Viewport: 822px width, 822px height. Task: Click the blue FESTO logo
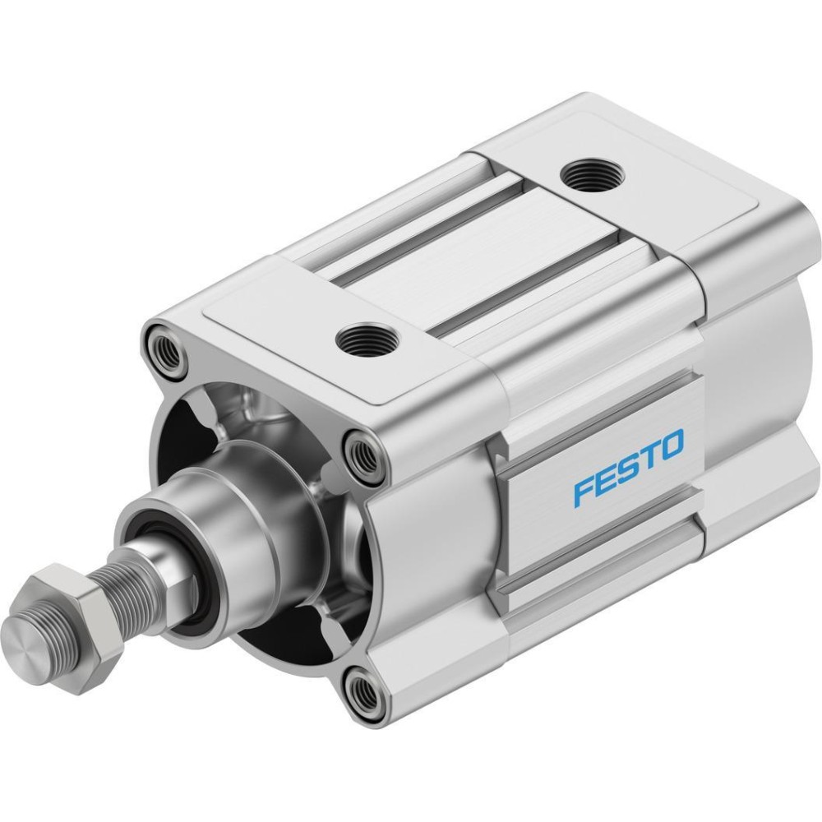629,468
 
